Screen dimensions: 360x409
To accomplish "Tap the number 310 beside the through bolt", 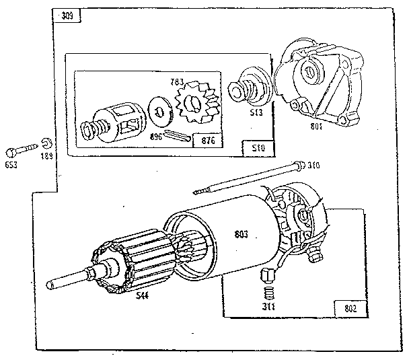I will point(313,165).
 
